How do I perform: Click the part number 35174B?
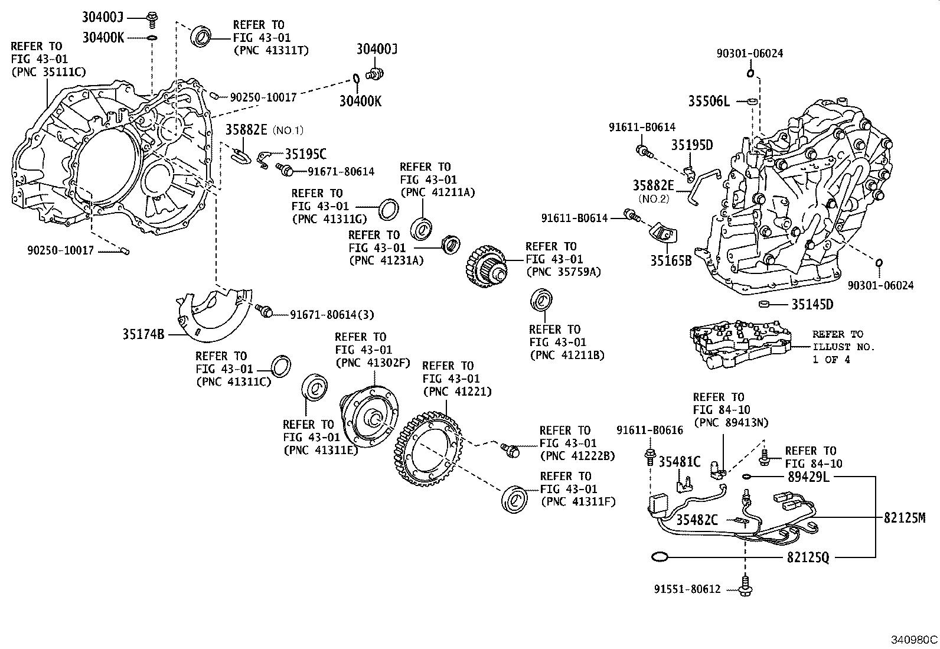pyautogui.click(x=143, y=334)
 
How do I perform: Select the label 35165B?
pyautogui.click(x=671, y=260)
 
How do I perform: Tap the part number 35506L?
pyautogui.click(x=709, y=102)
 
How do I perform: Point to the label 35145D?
pyautogui.click(x=812, y=305)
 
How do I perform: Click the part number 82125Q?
pyautogui.click(x=807, y=557)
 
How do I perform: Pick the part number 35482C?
pyautogui.click(x=697, y=520)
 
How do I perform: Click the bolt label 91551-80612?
pyautogui.click(x=687, y=589)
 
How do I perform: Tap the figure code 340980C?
pyautogui.click(x=914, y=640)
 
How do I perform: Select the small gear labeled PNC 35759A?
pyautogui.click(x=487, y=267)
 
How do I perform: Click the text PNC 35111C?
pyautogui.click(x=48, y=72)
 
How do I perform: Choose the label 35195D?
pyautogui.click(x=691, y=145)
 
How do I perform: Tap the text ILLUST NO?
pyautogui.click(x=843, y=347)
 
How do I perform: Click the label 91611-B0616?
pyautogui.click(x=649, y=431)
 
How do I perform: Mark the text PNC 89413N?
pyautogui.click(x=731, y=422)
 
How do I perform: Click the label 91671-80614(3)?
pyautogui.click(x=332, y=315)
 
